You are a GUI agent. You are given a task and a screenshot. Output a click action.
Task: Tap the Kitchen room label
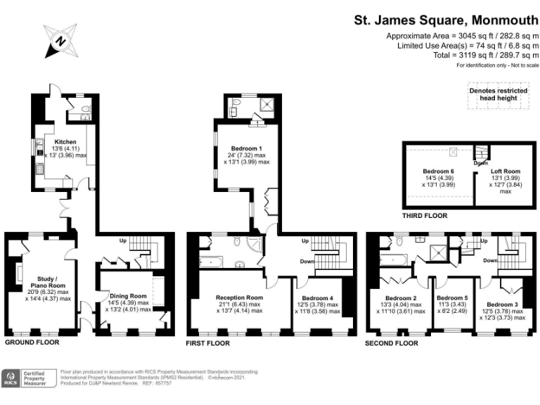[62, 141]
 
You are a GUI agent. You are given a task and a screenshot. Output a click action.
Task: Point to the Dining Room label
[127, 296]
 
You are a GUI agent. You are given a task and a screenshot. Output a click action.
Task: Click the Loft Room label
[506, 172]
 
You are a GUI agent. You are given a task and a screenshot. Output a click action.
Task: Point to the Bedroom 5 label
[451, 297]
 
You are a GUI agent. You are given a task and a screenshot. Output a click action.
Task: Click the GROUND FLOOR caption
[32, 342]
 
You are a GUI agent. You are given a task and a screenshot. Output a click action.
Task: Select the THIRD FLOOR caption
[424, 216]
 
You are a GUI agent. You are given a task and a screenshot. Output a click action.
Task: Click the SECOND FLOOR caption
[392, 344]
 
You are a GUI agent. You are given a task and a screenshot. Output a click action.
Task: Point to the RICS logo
[12, 378]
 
